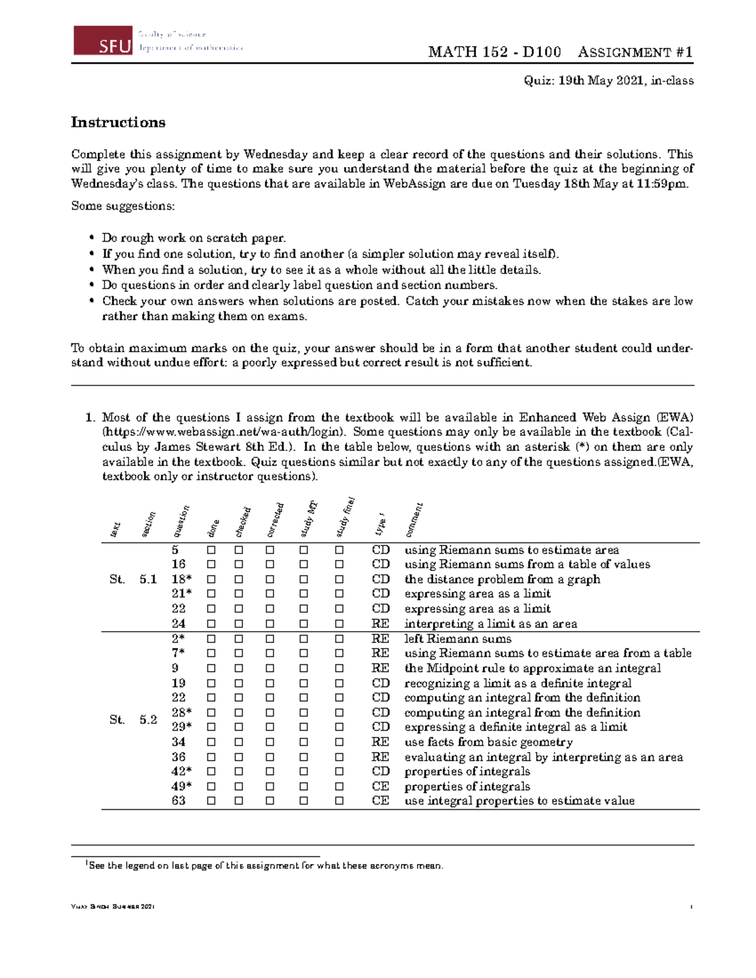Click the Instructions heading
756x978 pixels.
tap(118, 122)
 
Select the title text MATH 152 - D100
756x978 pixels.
tap(494, 52)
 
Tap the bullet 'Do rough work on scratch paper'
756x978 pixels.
tap(193, 238)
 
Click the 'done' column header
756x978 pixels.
tap(214, 528)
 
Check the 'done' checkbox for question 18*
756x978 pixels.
tap(211, 579)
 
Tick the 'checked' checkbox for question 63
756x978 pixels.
tap(239, 801)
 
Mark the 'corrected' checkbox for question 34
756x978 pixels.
tap(270, 742)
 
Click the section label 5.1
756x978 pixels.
tap(148, 579)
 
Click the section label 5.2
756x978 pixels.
tap(148, 720)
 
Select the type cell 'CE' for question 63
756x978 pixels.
tap(380, 801)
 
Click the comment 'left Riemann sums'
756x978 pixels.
tap(457, 639)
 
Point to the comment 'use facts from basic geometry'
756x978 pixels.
tap(488, 742)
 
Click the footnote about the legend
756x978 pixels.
tap(265, 866)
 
